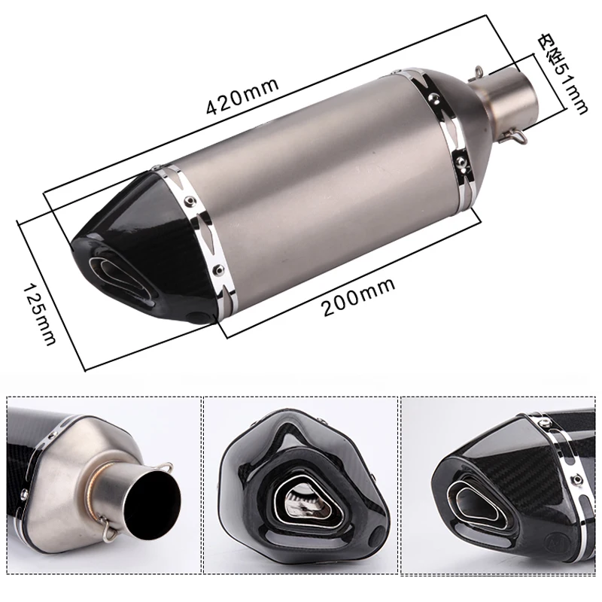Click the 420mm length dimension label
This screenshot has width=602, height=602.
coord(242,96)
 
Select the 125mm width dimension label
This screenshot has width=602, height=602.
coord(40,313)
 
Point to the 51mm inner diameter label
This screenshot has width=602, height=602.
coord(561,74)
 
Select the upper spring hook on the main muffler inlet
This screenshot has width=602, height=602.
coord(478,74)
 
